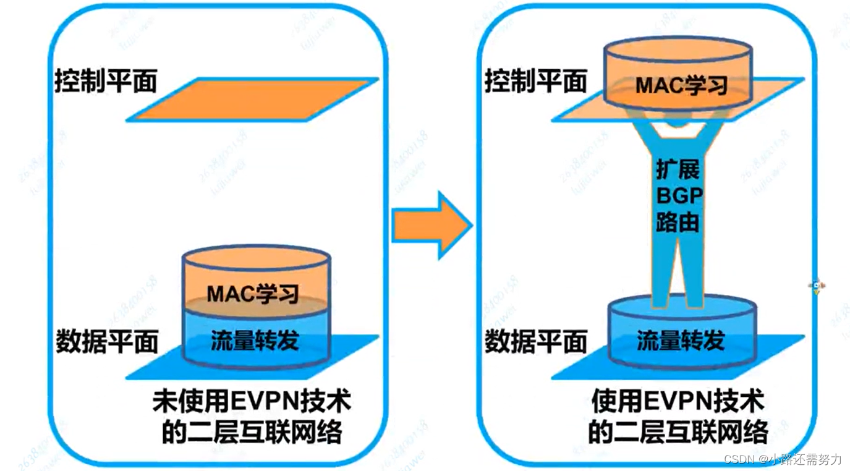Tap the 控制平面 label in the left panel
[x=105, y=81]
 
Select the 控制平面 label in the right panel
[x=535, y=81]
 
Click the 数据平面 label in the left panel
[x=107, y=341]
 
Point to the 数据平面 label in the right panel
[x=535, y=341]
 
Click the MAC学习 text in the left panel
[x=253, y=293]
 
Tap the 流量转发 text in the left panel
[x=255, y=340]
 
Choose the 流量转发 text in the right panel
[x=681, y=341]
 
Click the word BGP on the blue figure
[x=679, y=196]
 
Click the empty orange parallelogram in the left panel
[x=253, y=99]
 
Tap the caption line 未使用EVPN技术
[x=252, y=402]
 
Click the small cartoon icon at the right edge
[x=817, y=286]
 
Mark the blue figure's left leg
[x=662, y=272]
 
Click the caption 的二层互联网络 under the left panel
[x=252, y=433]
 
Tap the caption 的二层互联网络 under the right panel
[x=678, y=431]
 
